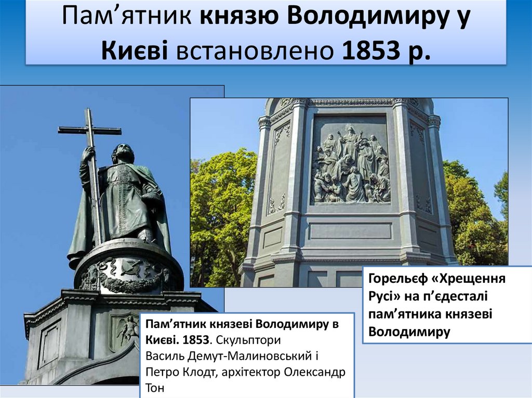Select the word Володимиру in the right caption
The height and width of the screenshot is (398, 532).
[409, 332]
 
